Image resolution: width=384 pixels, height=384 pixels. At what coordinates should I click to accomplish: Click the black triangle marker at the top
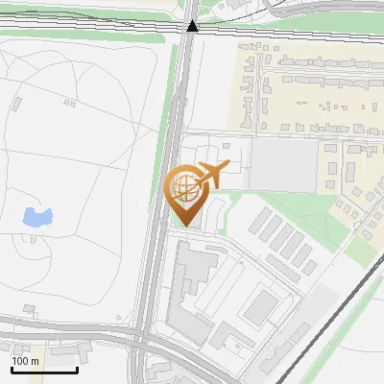tap(193, 26)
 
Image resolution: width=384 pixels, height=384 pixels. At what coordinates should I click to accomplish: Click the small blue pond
tap(36, 217)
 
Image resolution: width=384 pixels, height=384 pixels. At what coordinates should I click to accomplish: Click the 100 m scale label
tap(26, 361)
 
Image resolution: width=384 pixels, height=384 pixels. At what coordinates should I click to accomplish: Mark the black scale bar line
tap(44, 370)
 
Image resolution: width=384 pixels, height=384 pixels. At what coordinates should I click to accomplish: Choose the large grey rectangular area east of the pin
tap(283, 165)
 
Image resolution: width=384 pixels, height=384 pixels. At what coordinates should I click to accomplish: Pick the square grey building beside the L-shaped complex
tap(259, 308)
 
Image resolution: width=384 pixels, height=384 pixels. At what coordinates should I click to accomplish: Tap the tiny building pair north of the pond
tap(68, 102)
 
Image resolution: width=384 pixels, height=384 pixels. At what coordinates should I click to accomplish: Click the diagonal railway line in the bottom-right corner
tap(336, 307)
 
